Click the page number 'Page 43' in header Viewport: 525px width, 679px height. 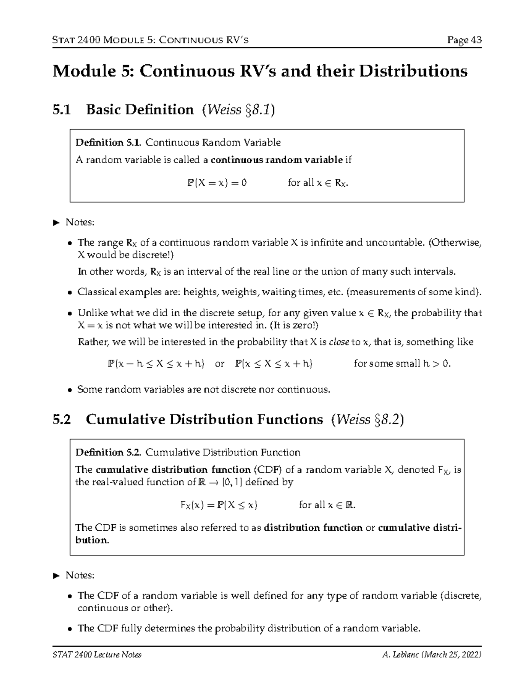[464, 40]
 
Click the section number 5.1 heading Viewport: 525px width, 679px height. [61, 109]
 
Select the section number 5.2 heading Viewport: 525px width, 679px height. [61, 419]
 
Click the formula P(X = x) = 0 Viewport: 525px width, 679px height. [217, 183]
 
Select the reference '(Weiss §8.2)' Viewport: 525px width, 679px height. [367, 419]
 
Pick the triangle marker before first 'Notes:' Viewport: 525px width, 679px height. [56, 223]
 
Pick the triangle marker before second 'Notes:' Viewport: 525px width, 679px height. [56, 576]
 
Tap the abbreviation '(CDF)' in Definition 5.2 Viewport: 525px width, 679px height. [268, 470]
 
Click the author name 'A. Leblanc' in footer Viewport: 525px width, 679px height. [400, 655]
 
